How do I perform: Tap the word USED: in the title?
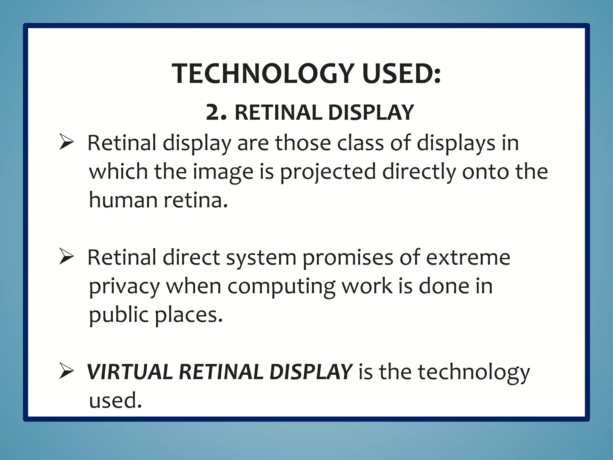pos(401,74)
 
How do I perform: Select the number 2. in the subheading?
pos(216,113)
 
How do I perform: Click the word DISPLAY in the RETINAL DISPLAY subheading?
pos(371,113)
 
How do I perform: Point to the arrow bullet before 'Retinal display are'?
pos(66,142)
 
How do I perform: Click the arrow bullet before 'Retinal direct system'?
pos(66,257)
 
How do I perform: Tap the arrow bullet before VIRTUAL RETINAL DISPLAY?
pos(66,371)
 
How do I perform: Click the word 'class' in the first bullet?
pos(360,143)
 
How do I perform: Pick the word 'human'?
pos(123,200)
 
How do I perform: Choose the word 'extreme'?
pos(468,257)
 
